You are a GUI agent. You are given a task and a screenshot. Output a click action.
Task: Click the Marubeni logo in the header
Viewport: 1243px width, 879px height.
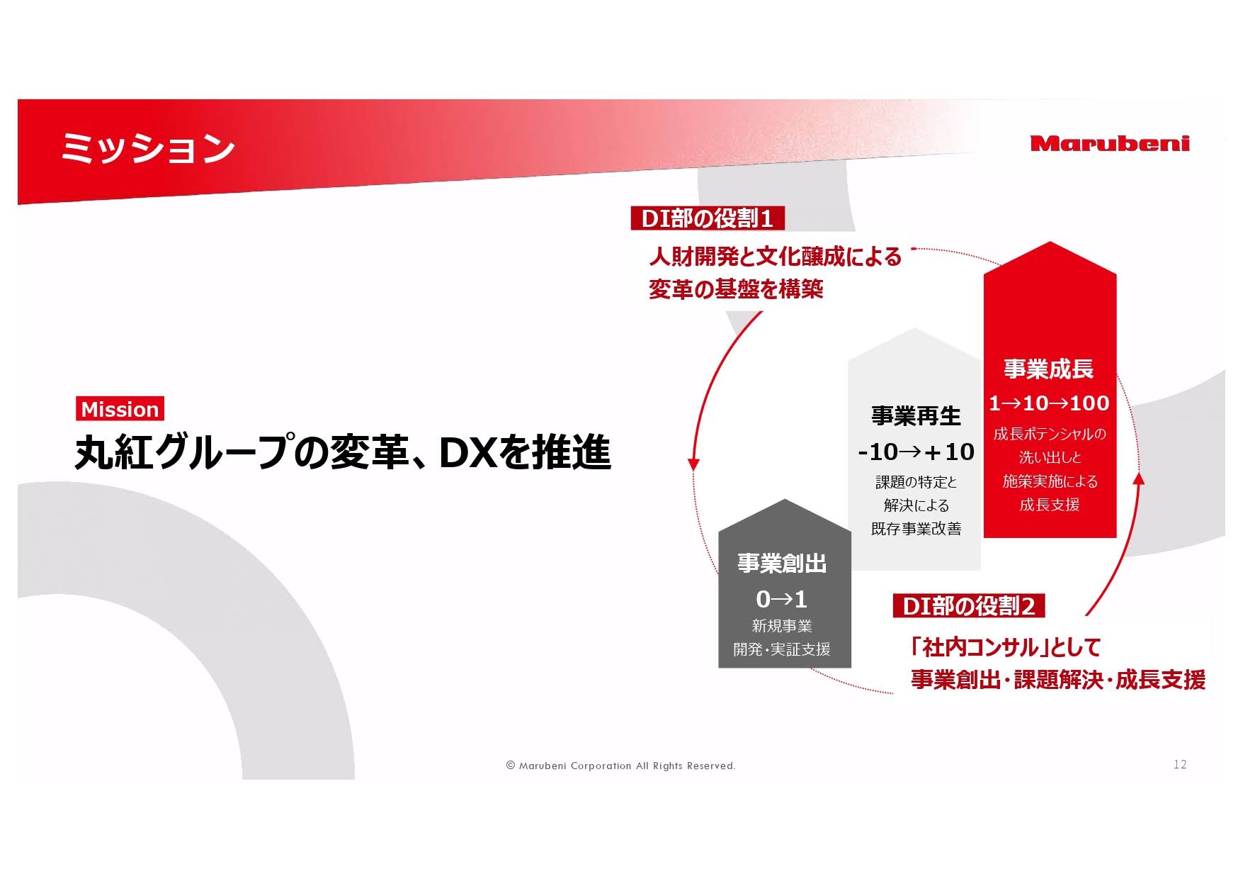[1110, 143]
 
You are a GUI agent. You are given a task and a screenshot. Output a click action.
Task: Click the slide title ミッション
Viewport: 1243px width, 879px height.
[147, 148]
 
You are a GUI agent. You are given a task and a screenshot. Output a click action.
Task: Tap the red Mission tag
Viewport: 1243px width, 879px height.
[120, 409]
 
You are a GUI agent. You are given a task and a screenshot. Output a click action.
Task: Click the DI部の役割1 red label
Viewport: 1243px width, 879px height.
[707, 218]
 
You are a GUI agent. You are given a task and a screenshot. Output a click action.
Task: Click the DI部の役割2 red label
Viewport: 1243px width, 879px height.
[969, 606]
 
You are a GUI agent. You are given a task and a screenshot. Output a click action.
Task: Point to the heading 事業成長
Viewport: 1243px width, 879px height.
[1048, 369]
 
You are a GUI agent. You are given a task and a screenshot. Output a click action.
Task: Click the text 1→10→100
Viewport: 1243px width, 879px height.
[1049, 403]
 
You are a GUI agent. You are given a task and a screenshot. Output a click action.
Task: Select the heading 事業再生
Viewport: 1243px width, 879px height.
[916, 415]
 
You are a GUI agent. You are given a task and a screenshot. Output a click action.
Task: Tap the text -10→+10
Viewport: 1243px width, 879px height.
[916, 452]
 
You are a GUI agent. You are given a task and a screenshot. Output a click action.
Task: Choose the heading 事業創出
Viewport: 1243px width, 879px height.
[783, 564]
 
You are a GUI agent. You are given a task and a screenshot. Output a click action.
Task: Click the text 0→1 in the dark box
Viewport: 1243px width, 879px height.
[782, 600]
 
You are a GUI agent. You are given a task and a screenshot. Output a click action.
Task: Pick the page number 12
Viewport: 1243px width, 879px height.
[1180, 764]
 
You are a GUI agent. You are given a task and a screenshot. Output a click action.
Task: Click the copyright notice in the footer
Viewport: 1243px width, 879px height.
[621, 766]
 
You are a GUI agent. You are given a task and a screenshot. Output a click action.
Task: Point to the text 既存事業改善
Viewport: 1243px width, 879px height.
[916, 529]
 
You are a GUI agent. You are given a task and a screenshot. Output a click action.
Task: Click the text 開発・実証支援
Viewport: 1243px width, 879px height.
[782, 649]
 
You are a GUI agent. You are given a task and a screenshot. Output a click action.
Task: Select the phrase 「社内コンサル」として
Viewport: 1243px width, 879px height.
[1006, 646]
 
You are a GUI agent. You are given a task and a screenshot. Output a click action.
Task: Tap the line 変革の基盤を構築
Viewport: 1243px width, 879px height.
[736, 289]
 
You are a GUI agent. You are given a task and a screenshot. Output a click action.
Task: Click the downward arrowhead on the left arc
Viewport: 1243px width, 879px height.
[694, 465]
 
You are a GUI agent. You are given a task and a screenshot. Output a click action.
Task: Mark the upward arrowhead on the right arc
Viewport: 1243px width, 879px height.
[1139, 478]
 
